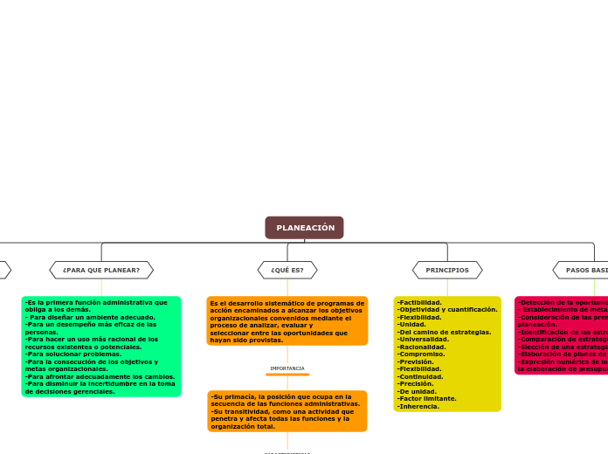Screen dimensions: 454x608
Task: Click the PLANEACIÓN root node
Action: coord(304,228)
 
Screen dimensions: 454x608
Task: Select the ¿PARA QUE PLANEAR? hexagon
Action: coord(101,271)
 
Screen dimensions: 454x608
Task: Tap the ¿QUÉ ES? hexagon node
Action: coord(287,271)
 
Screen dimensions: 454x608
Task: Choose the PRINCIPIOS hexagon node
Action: coord(447,271)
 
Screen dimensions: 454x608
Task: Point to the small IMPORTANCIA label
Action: coord(287,368)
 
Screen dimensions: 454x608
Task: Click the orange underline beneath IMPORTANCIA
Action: coord(287,375)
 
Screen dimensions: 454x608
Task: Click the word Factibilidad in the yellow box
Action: coord(420,303)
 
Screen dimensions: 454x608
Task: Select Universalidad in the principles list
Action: coord(424,340)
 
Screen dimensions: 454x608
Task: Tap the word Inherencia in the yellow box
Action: coord(419,406)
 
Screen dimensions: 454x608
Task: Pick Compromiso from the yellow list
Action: coord(421,354)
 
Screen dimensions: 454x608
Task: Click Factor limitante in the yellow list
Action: coord(427,398)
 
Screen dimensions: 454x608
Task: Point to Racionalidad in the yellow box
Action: coord(423,347)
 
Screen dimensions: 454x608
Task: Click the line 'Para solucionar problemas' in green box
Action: coord(73,354)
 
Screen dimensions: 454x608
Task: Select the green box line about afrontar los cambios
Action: coord(100,376)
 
